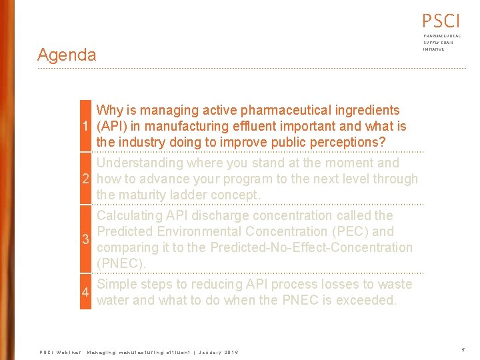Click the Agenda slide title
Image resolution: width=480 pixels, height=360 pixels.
coord(67,55)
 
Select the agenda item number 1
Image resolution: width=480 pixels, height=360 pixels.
coord(85,126)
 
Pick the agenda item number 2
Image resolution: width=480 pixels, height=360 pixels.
coord(85,179)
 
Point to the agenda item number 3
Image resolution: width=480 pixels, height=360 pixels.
coord(85,239)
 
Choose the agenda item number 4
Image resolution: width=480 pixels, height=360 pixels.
coord(85,293)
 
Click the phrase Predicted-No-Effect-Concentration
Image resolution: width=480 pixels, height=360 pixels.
coord(311,247)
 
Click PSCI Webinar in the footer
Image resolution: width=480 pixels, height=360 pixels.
coord(60,352)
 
